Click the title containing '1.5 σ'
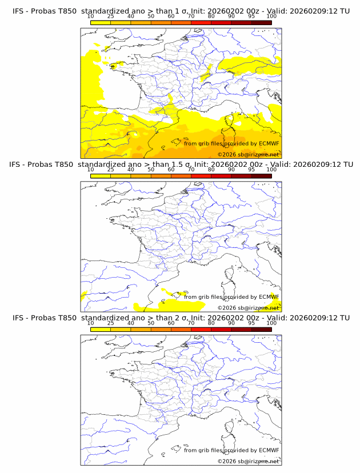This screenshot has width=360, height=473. (x=181, y=165)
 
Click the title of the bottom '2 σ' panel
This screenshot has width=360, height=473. (x=181, y=318)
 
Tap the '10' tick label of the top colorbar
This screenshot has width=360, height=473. (x=90, y=17)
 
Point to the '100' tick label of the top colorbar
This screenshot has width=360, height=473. (x=271, y=17)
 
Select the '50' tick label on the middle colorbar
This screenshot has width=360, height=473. (x=151, y=170)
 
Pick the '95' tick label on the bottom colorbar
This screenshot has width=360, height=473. (x=251, y=323)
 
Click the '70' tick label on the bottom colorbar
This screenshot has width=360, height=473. (x=191, y=323)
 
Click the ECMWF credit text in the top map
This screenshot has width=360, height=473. (x=231, y=143)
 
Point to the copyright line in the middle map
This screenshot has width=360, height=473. (x=248, y=307)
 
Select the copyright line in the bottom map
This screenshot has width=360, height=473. (x=248, y=460)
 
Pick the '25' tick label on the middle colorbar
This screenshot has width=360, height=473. (x=110, y=170)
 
